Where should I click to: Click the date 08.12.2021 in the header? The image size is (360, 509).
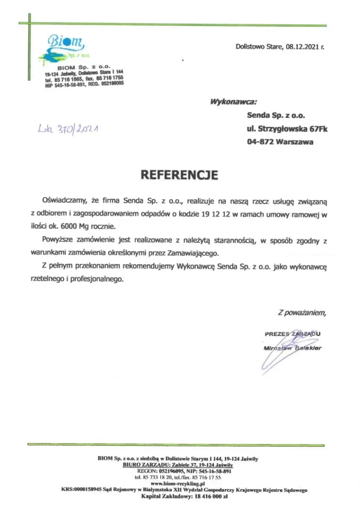click(x=302, y=48)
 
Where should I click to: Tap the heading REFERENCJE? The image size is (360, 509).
click(x=180, y=175)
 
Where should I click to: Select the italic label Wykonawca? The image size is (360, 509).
click(x=233, y=103)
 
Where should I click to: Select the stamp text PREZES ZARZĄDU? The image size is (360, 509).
click(x=293, y=333)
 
